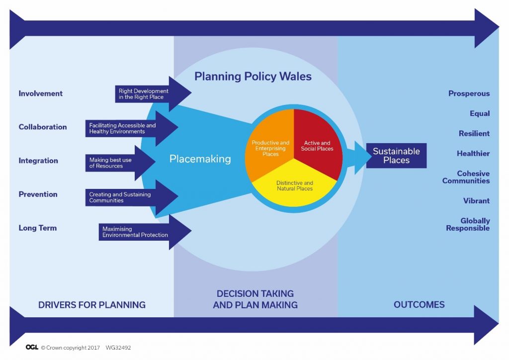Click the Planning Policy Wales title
click(x=253, y=76)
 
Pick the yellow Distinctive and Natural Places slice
click(x=294, y=186)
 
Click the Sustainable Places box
click(x=396, y=156)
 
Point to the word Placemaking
click(x=200, y=159)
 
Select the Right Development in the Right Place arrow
click(x=153, y=94)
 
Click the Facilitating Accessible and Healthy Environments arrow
click(x=131, y=128)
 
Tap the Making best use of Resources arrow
click(x=120, y=163)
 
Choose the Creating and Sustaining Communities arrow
click(x=131, y=197)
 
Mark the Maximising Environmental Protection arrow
click(x=145, y=232)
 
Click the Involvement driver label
click(x=41, y=93)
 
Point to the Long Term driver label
click(x=38, y=228)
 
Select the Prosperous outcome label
click(x=469, y=93)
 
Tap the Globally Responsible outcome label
click(x=468, y=224)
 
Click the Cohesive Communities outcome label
click(x=466, y=177)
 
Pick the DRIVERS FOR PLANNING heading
click(x=92, y=305)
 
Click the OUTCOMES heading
click(x=419, y=304)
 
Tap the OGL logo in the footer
click(x=32, y=348)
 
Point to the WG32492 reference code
click(x=118, y=348)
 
